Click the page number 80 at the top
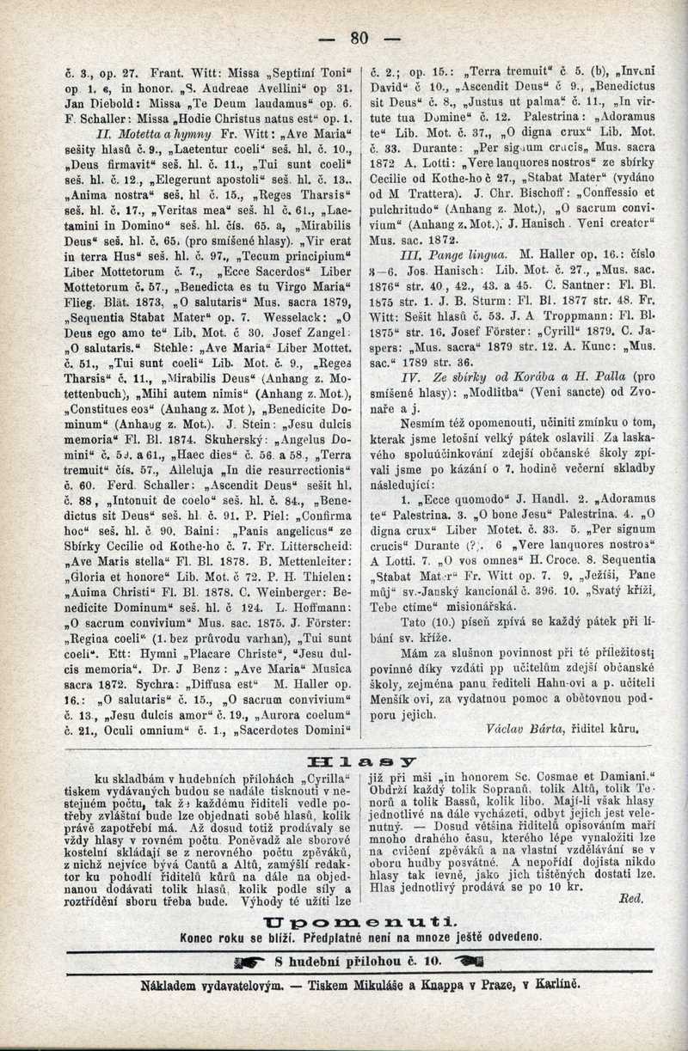(359, 37)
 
